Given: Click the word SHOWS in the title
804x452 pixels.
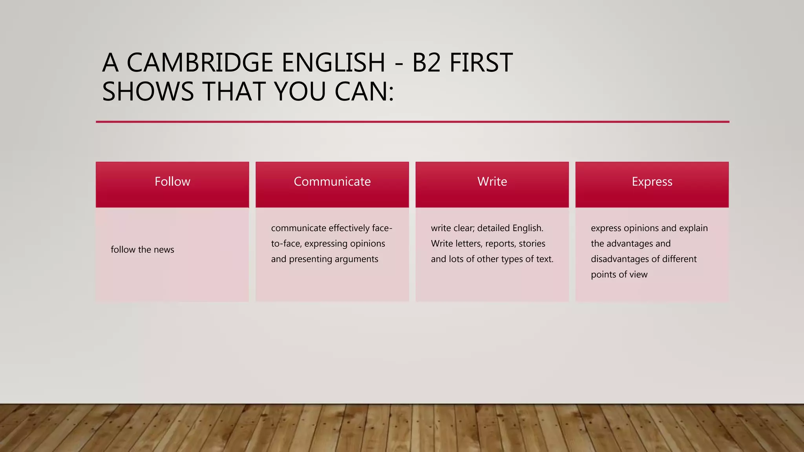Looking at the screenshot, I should pos(148,92).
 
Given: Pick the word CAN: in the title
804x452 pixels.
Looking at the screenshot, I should pos(364,92).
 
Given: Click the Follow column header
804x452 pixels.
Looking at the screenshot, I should pos(172,182).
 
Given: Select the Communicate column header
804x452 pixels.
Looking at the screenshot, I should pos(332,182).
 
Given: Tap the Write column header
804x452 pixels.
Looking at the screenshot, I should pos(492,182).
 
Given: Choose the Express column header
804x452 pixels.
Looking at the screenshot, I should pos(652,182).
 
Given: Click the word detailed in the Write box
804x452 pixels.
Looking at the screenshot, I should pos(495,228).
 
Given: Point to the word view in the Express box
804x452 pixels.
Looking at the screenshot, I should pos(638,275).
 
